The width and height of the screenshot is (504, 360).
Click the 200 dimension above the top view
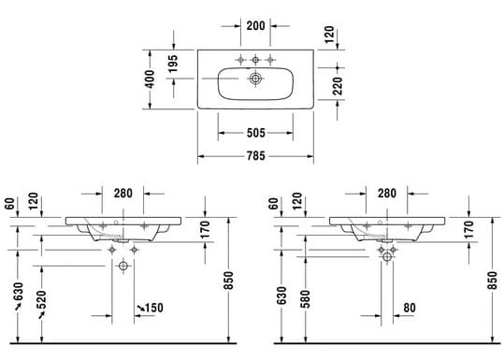click(x=255, y=26)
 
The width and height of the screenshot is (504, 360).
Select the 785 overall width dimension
click(x=256, y=156)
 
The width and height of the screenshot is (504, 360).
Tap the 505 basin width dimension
click(x=256, y=133)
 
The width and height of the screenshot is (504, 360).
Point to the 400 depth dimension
click(x=150, y=79)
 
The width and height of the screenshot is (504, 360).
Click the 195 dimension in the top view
click(x=173, y=64)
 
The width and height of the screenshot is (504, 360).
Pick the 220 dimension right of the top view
click(x=338, y=86)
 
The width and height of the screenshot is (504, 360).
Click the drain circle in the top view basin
click(x=255, y=79)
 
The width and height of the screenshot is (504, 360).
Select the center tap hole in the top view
click(x=255, y=60)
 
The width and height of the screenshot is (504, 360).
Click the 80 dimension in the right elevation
click(x=410, y=308)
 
